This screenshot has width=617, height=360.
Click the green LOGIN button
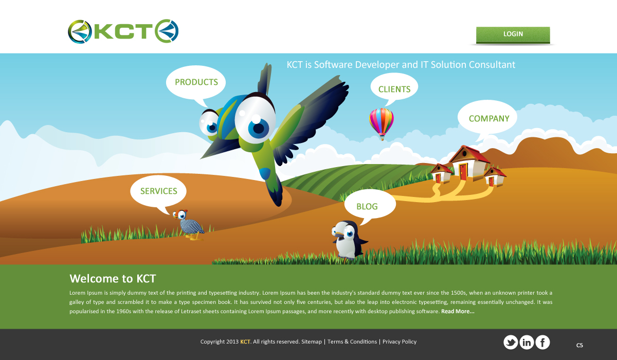[x=513, y=34]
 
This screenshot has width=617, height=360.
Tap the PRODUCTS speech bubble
[x=196, y=82]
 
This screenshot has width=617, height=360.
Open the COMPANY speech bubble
[x=487, y=118]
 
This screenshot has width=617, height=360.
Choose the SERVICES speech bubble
[x=158, y=191]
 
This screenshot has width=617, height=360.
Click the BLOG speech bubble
[x=370, y=205]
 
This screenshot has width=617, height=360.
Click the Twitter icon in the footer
[x=511, y=343]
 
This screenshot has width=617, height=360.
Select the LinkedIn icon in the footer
[x=527, y=343]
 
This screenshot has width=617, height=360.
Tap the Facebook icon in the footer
[x=542, y=343]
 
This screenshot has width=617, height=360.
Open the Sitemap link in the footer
[x=312, y=341]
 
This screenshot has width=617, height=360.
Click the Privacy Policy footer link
[x=400, y=342]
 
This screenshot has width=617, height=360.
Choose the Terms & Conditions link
[x=352, y=341]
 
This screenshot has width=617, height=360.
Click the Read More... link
[x=458, y=311]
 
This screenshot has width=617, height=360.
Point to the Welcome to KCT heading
[x=113, y=278]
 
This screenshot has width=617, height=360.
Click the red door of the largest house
[x=463, y=172]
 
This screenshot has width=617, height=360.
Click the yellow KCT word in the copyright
[x=245, y=341]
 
